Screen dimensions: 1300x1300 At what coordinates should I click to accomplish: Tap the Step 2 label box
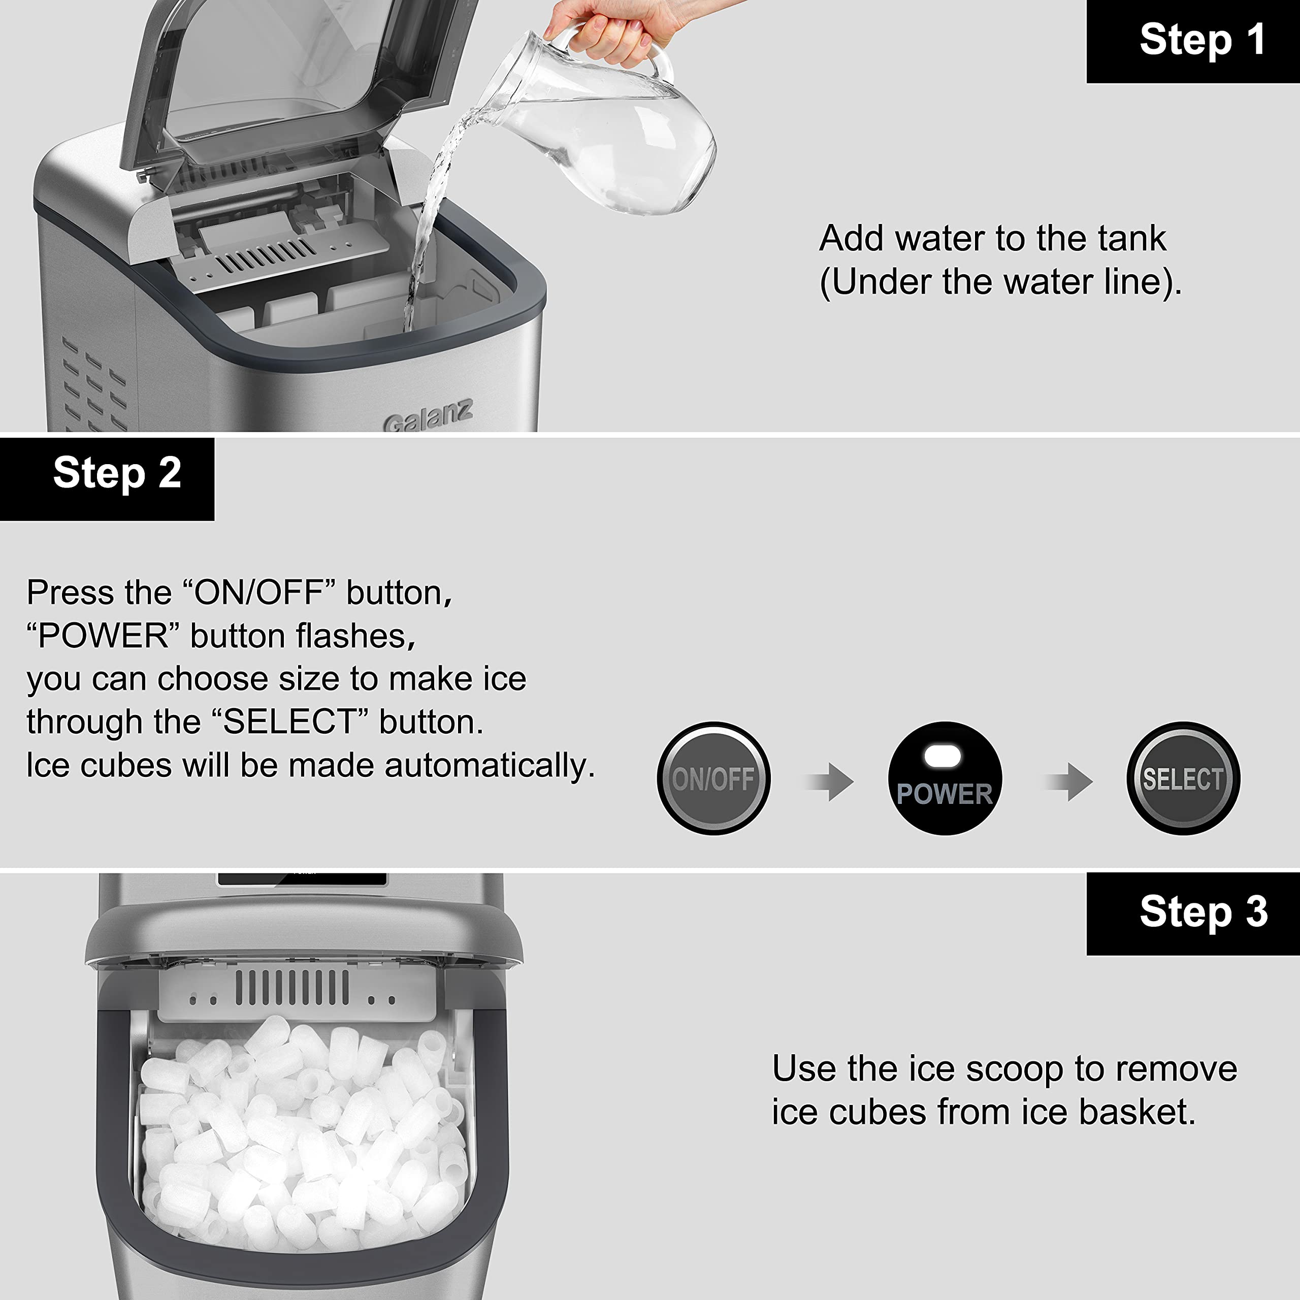(108, 478)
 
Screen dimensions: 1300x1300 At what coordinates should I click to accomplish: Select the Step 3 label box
(1192, 913)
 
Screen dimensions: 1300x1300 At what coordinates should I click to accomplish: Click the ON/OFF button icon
(713, 778)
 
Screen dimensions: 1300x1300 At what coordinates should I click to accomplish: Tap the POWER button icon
(945, 778)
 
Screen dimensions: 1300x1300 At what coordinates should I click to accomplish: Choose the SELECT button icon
(1182, 778)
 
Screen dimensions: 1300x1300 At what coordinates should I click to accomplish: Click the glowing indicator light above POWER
(942, 756)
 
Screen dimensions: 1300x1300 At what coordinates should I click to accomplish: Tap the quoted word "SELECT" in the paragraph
(289, 722)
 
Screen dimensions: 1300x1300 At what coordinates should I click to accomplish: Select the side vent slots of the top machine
(94, 383)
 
